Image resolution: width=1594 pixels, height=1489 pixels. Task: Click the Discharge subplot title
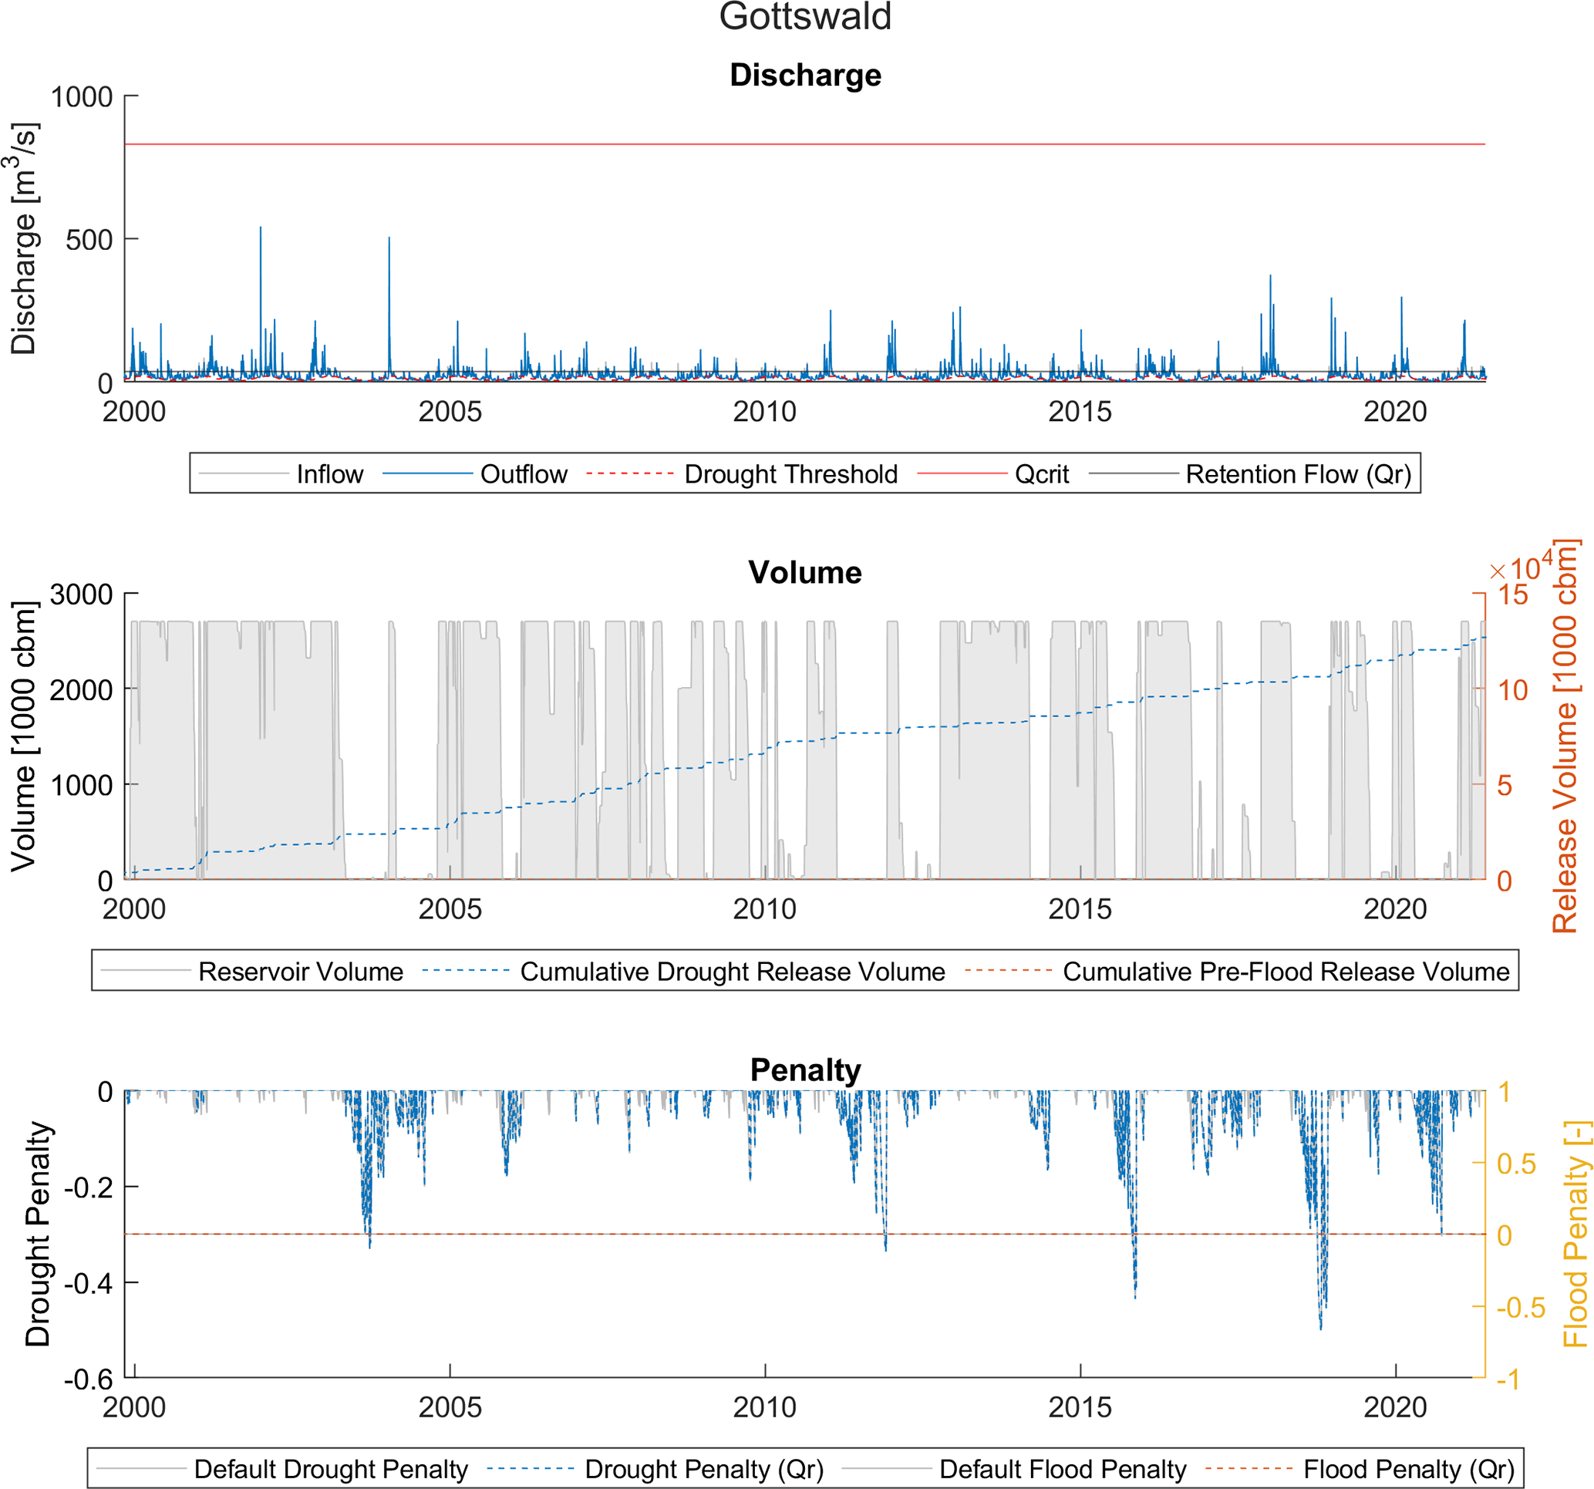[x=805, y=76]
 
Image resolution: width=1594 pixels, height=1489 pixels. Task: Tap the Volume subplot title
[x=804, y=572]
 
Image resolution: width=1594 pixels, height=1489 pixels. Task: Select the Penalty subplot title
[x=805, y=1070]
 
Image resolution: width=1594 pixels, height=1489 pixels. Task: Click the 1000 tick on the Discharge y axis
[x=82, y=97]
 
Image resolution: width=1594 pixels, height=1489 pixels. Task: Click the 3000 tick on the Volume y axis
[x=82, y=595]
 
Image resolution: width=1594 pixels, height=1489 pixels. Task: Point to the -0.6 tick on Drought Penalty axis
[x=89, y=1380]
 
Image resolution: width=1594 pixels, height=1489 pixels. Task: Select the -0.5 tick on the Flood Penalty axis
[x=1520, y=1307]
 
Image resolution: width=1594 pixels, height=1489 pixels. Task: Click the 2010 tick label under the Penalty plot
[x=764, y=1407]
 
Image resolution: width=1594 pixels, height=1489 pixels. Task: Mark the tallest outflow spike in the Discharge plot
[x=261, y=228]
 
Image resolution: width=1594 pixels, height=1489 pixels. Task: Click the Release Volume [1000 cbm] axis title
[x=1565, y=736]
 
